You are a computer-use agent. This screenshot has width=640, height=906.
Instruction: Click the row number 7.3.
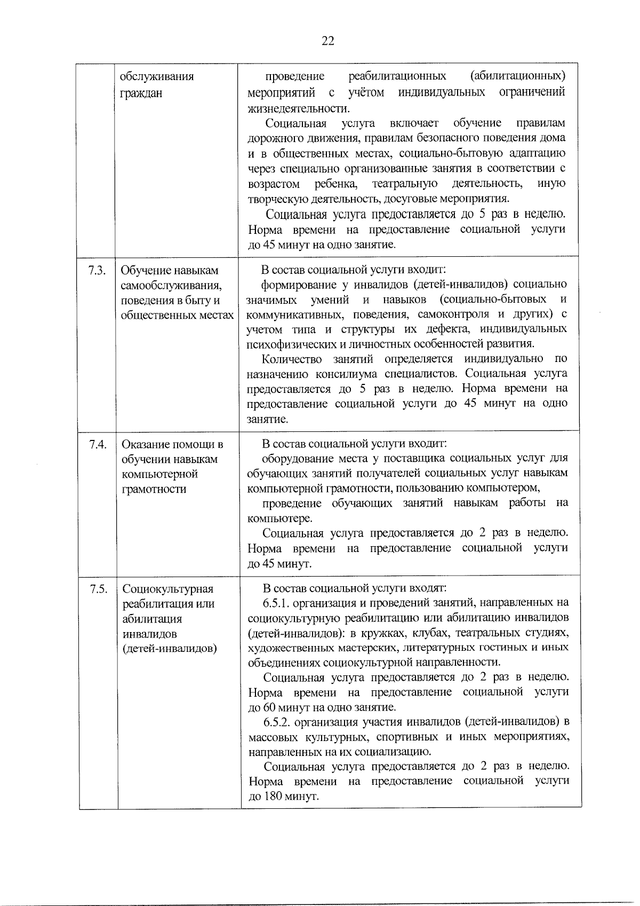pyautogui.click(x=98, y=271)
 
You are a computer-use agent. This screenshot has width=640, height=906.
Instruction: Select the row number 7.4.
pyautogui.click(x=98, y=444)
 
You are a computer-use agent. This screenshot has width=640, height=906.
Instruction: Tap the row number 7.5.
pyautogui.click(x=99, y=589)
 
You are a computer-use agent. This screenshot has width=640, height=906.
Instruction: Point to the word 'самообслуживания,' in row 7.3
pyautogui.click(x=171, y=286)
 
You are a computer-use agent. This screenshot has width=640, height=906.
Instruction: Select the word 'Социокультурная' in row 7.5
pyautogui.click(x=168, y=589)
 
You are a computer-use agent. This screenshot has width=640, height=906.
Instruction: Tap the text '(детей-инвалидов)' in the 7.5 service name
pyautogui.click(x=170, y=649)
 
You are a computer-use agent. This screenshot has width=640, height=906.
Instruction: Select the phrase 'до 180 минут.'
pyautogui.click(x=284, y=797)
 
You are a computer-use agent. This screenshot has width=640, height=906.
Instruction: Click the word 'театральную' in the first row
pyautogui.click(x=405, y=184)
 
